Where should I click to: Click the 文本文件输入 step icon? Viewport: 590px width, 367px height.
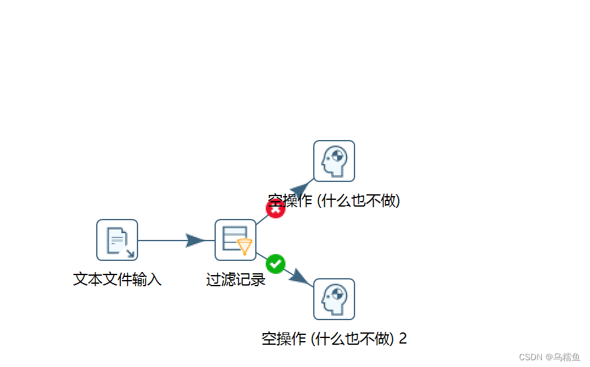point(117,240)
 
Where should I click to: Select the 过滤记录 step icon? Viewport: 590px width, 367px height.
point(236,240)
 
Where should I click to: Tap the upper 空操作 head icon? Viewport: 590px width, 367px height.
point(334,161)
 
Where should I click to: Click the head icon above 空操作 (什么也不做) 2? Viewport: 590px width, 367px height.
point(334,299)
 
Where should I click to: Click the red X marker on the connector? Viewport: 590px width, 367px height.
point(276,208)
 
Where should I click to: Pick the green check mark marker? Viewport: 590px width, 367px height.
point(276,264)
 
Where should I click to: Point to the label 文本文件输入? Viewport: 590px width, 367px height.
point(117,279)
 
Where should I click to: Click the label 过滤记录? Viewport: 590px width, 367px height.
point(236,279)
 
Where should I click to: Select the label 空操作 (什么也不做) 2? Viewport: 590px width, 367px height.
point(334,339)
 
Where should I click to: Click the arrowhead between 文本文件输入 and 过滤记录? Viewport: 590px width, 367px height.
point(196,241)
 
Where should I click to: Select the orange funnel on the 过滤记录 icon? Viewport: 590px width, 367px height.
point(245,247)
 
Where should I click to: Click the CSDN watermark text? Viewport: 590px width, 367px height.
point(530,357)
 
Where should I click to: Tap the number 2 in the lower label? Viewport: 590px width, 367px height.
point(403,339)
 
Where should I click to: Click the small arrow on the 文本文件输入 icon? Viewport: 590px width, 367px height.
point(129,252)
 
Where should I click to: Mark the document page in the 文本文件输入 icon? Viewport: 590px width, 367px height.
point(116,239)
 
